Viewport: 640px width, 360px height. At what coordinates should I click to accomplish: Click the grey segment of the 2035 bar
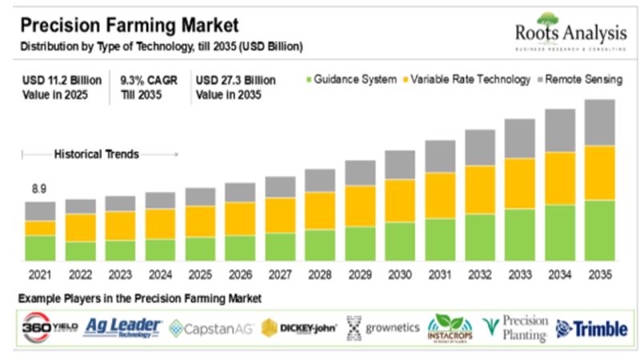tap(600, 122)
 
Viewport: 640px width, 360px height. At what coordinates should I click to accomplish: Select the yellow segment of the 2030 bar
tap(400, 200)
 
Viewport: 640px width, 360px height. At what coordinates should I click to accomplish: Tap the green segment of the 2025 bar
tap(200, 248)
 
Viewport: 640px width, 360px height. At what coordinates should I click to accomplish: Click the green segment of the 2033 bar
tap(520, 234)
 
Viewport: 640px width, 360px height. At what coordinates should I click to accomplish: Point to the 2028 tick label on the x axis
tap(320, 274)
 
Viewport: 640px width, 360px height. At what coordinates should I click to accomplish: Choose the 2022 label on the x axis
tap(80, 274)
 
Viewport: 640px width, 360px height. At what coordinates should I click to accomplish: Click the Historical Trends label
tap(96, 154)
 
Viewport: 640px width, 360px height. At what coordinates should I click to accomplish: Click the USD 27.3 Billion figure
tap(237, 80)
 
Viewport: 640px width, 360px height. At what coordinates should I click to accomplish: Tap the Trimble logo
tap(591, 328)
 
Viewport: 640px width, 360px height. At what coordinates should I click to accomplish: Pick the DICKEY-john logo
tap(299, 328)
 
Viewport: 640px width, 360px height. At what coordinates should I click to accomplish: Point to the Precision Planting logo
tap(516, 328)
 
